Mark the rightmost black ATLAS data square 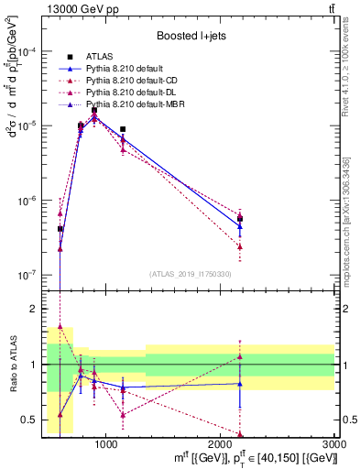coord(240,219)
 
